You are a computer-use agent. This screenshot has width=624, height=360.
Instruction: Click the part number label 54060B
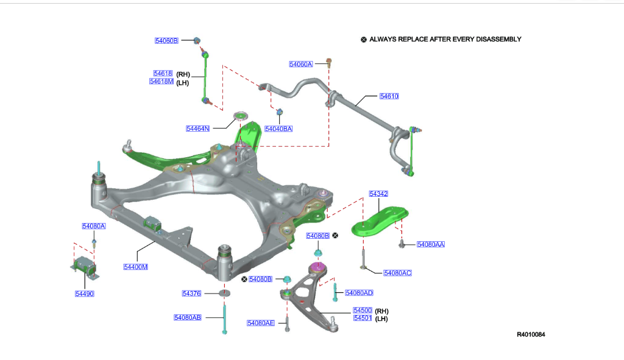pos(166,40)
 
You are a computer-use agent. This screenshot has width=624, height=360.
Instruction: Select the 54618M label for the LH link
pos(161,82)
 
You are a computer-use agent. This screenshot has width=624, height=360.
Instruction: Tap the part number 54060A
pos(300,64)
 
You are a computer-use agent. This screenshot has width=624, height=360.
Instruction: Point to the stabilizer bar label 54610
pos(389,96)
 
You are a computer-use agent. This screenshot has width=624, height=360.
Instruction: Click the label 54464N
pos(198,129)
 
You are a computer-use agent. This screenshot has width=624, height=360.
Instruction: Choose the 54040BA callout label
pos(278,129)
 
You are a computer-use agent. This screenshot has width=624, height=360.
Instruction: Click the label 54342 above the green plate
pos(378,194)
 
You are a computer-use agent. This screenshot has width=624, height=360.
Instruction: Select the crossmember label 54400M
pos(135,267)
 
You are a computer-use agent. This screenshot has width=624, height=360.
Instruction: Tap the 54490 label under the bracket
pos(84,294)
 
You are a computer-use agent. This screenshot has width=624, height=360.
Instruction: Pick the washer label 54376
pos(191,294)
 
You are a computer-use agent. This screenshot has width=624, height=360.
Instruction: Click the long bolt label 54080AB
pos(188,317)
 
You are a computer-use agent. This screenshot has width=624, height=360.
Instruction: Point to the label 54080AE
pos(261,323)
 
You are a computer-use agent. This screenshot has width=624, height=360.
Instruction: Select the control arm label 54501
pos(363,318)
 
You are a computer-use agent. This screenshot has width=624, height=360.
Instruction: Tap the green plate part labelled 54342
pos(384,220)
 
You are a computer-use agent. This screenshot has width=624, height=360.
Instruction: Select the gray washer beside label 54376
pos(225,294)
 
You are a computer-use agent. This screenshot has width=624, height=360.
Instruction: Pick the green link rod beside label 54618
pos(207,76)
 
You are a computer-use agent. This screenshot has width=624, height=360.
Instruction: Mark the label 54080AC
pos(397,273)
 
